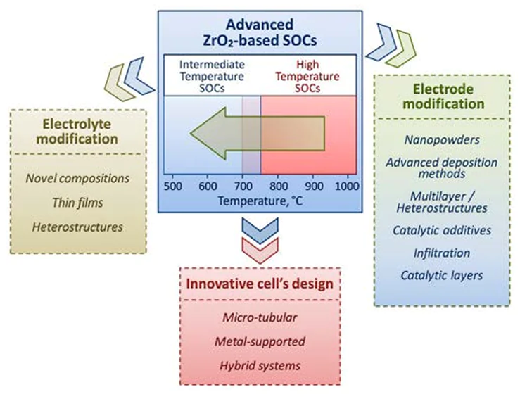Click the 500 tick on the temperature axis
tap(172, 186)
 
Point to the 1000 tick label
tap(345, 186)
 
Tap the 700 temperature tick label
tap(243, 186)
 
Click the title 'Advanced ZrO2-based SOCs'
tap(260, 30)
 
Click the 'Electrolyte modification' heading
tap(78, 131)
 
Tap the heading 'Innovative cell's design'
tap(259, 284)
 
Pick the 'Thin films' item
tap(77, 203)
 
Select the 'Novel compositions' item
tap(77, 178)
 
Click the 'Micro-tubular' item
tap(259, 317)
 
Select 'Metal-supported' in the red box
tap(259, 341)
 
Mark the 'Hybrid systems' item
tap(259, 365)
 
